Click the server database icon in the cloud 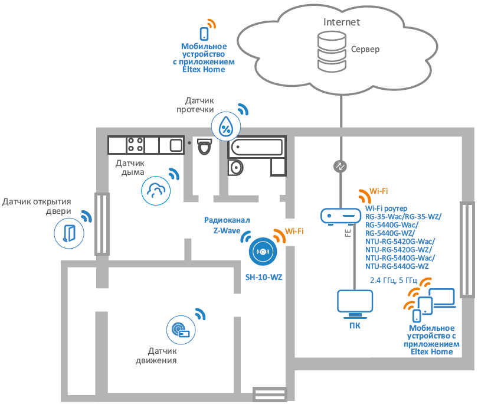[332, 51]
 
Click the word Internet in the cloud [342, 22]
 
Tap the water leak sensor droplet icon [226, 126]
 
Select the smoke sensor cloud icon [156, 191]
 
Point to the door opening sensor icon [69, 233]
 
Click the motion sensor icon [181, 330]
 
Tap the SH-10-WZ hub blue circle [263, 252]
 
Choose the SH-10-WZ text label [264, 277]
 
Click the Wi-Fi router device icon [341, 216]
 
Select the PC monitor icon [355, 304]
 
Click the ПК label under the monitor [355, 325]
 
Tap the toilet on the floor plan [205, 146]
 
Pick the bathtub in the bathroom [257, 148]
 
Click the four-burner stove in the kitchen [136, 145]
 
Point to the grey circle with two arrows [340, 167]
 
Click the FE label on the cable [348, 233]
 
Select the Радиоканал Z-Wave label [227, 225]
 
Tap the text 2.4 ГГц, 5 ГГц [393, 281]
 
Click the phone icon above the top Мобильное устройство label [204, 34]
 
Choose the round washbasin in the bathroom [235, 168]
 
